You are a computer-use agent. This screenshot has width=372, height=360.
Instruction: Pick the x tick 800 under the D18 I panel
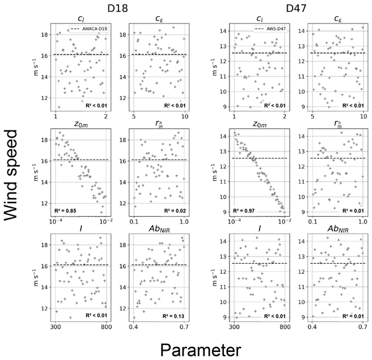click(x=107, y=326)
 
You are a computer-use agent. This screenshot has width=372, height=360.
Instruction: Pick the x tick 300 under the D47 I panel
click(x=234, y=326)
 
